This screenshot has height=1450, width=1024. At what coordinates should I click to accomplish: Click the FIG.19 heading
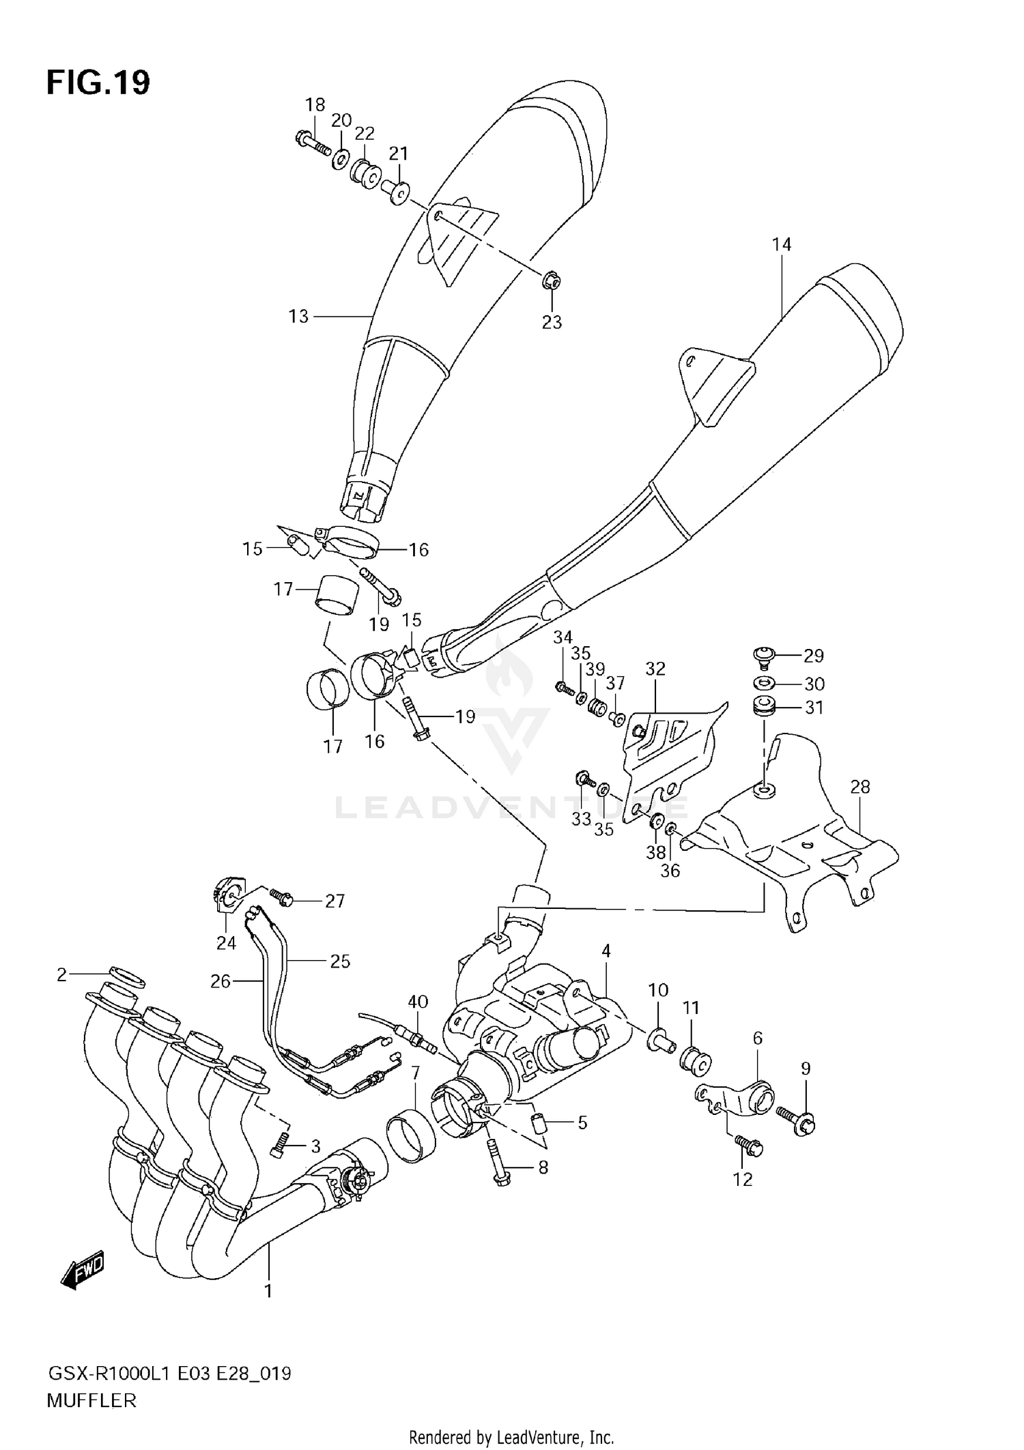[98, 83]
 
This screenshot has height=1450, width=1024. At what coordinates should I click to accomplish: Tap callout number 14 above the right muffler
[782, 244]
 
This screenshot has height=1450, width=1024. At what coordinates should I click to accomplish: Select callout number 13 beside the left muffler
[298, 317]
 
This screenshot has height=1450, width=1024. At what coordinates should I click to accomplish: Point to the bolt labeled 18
[311, 143]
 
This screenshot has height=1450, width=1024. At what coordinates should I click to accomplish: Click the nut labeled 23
[551, 280]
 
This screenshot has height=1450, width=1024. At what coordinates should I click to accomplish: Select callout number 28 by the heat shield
[859, 787]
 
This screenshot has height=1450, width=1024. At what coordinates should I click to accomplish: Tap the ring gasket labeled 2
[127, 976]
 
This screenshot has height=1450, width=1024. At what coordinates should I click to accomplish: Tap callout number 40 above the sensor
[418, 1002]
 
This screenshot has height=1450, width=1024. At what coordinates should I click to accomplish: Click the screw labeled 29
[762, 656]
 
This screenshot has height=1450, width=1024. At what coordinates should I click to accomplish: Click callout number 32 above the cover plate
[655, 669]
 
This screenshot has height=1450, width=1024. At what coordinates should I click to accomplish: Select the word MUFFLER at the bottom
[91, 1401]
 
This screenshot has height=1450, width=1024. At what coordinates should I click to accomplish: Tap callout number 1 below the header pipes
[268, 1291]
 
